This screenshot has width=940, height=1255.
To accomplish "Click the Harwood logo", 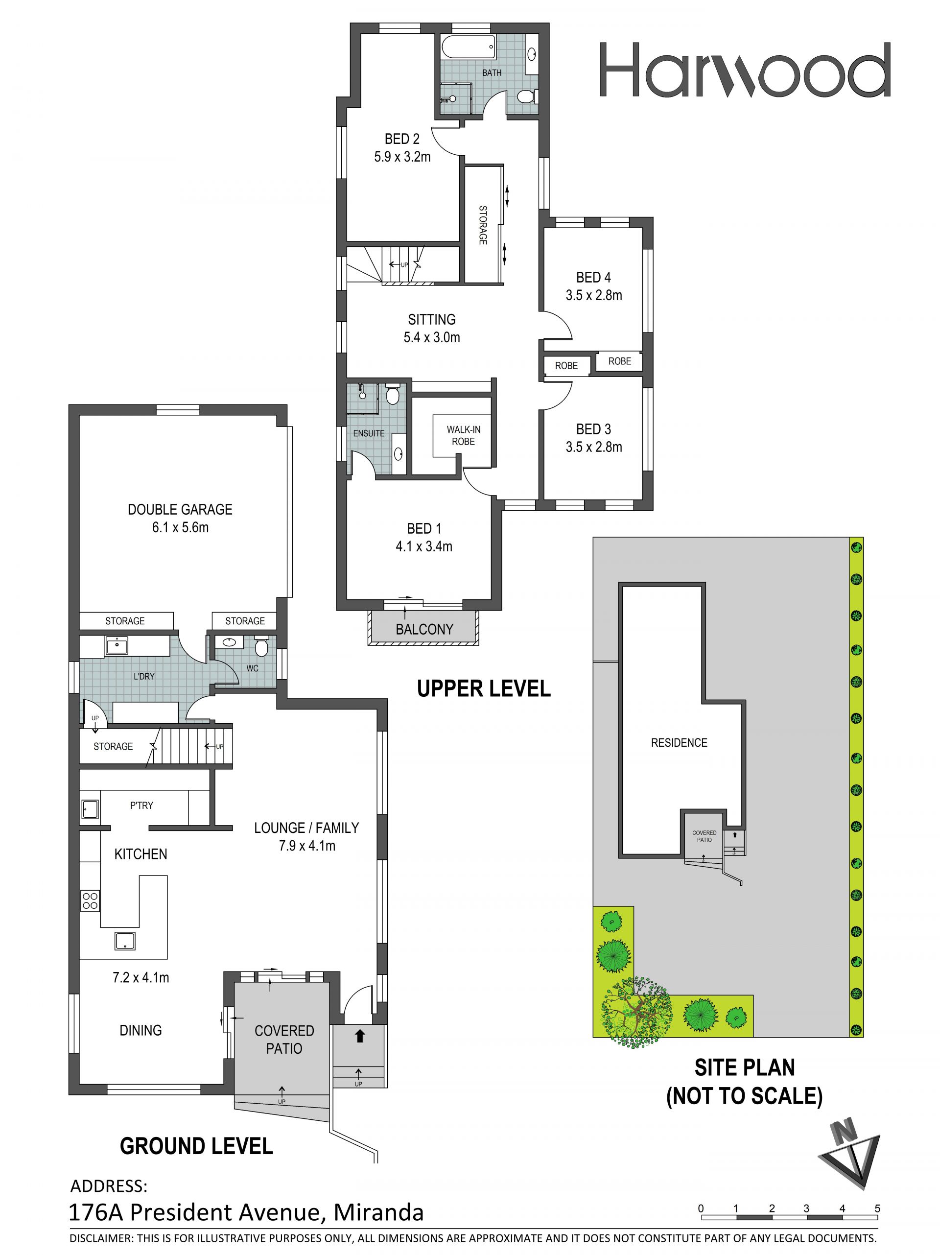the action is (x=745, y=70).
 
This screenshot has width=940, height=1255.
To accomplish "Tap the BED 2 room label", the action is (x=401, y=139).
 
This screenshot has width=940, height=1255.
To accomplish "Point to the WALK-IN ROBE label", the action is (x=464, y=435).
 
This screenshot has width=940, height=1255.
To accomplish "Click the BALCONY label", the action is (x=424, y=629).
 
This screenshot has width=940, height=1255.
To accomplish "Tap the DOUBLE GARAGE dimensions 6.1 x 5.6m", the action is (x=180, y=528).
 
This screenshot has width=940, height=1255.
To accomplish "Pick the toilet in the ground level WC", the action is (x=261, y=647).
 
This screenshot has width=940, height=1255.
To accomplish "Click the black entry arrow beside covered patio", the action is (x=359, y=1037).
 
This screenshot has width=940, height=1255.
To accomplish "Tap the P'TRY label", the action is (x=141, y=805).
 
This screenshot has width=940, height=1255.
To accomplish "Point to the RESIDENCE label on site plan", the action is (x=679, y=743).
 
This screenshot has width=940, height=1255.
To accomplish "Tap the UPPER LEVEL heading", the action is (x=484, y=689).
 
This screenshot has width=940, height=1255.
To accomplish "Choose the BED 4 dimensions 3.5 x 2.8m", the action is (x=593, y=295).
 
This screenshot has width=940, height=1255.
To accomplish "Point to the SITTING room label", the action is (x=432, y=319).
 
